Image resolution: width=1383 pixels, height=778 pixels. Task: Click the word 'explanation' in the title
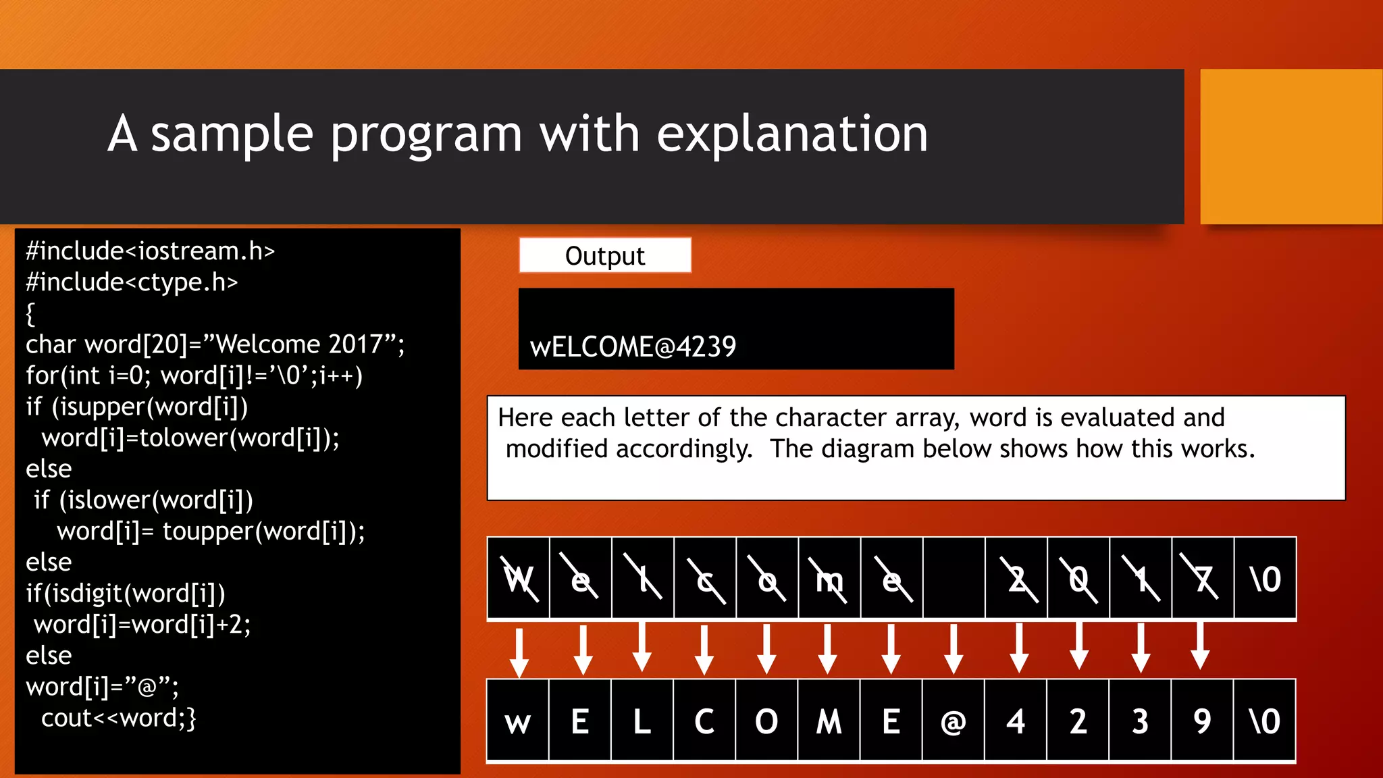point(792,134)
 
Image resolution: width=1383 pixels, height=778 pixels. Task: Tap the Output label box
point(605,256)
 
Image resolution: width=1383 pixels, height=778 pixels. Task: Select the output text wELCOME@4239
point(633,346)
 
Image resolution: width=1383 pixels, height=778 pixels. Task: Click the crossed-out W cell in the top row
point(519,579)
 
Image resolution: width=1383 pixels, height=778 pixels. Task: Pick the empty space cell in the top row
point(954,579)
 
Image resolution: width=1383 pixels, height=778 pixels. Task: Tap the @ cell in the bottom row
point(953,721)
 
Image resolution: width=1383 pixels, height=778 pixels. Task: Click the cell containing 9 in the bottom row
point(1202,721)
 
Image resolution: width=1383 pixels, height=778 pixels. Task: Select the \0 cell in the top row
point(1265,579)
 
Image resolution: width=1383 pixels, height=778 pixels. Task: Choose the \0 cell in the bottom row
point(1264,721)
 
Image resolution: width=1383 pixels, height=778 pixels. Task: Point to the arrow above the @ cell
point(954,649)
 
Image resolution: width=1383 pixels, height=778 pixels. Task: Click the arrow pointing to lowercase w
point(519,652)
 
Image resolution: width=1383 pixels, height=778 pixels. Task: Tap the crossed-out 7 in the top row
point(1202,579)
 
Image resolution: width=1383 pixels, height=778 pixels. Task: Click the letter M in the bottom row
point(829,721)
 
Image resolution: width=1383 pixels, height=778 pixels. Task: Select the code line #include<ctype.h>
point(132,282)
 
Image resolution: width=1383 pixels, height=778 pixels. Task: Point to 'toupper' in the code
point(208,531)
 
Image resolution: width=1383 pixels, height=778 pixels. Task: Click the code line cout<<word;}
point(118,718)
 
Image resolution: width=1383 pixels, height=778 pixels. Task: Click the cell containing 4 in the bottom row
point(1016,721)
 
